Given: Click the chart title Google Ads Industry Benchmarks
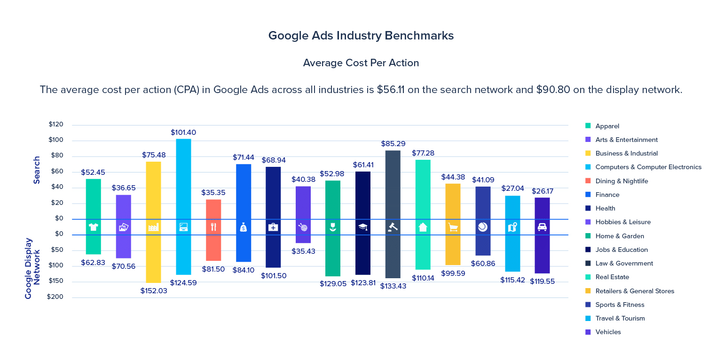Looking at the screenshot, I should click(x=361, y=36).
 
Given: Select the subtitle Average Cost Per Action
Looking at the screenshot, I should click(x=361, y=63).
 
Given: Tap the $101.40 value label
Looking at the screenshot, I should click(x=183, y=133).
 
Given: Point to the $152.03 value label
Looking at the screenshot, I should click(x=154, y=291).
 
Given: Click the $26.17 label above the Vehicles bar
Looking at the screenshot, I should click(x=542, y=191).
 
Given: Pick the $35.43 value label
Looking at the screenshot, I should click(x=303, y=251).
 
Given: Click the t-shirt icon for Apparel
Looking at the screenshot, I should click(x=93, y=227).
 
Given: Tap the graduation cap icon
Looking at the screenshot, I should click(x=362, y=227).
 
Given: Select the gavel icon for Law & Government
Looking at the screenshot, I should click(x=393, y=227).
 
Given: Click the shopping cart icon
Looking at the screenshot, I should click(x=453, y=227).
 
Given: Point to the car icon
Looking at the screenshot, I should click(x=542, y=227).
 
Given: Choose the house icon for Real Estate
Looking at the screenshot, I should click(x=423, y=227).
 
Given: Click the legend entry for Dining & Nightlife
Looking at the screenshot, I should click(x=622, y=181).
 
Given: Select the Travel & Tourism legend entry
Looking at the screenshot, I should click(x=620, y=318).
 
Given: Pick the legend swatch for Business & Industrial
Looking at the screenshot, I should click(x=588, y=153).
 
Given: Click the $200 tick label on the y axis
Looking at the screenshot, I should click(x=55, y=297).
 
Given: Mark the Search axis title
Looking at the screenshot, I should click(x=37, y=170).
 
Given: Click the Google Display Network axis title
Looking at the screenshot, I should click(x=33, y=268).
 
